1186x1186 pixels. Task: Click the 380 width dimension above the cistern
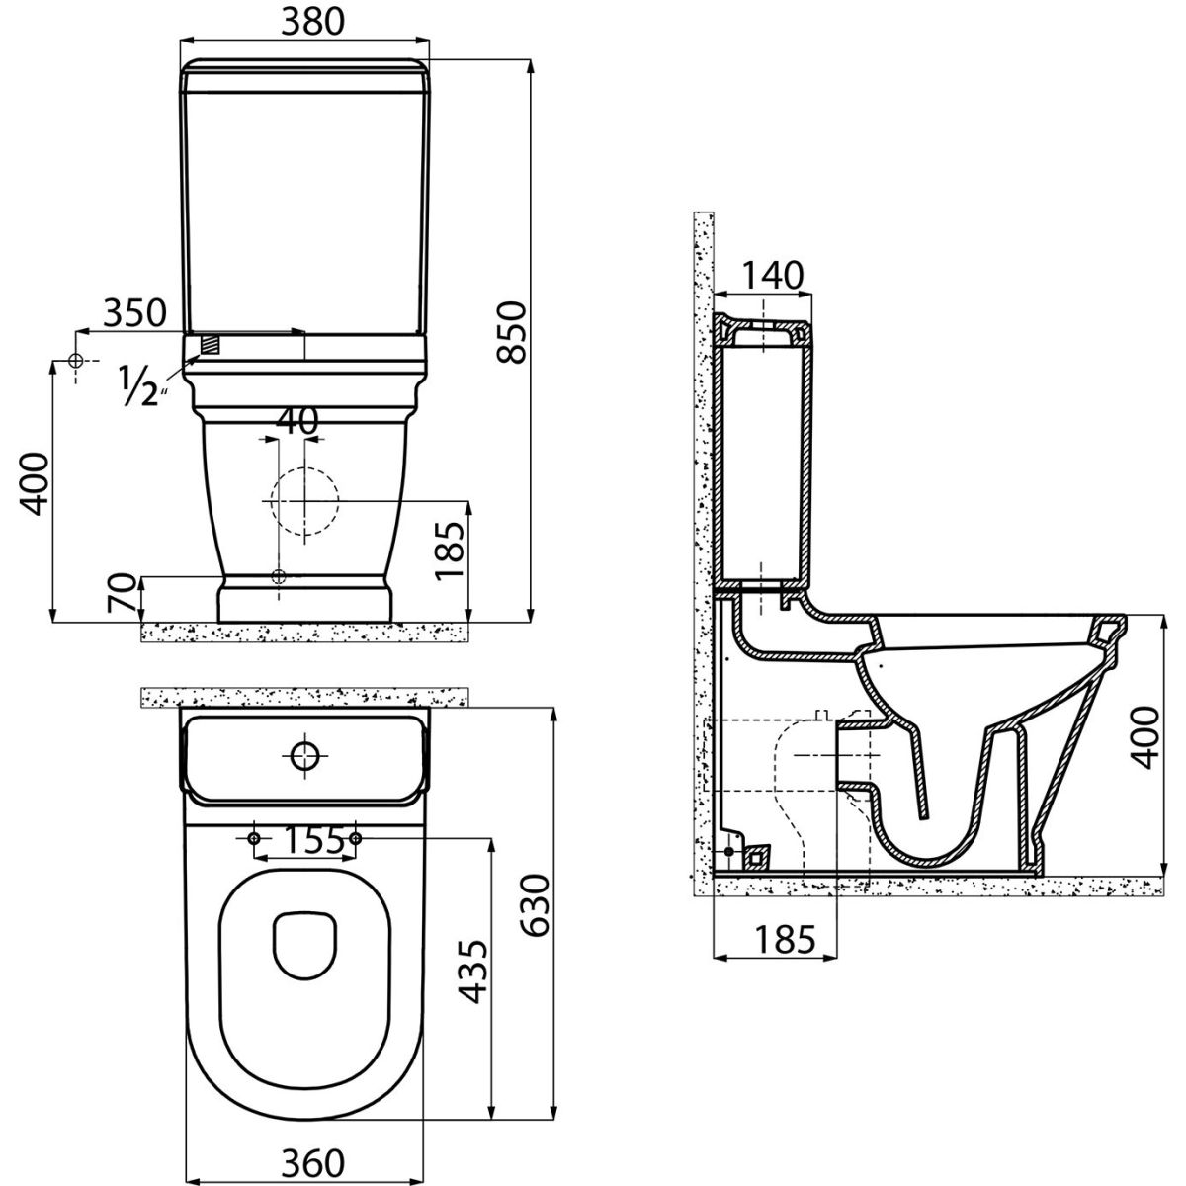click(312, 22)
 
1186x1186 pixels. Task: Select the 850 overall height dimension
click(512, 332)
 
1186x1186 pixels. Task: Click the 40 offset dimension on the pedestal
click(296, 421)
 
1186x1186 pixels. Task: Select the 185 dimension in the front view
click(450, 551)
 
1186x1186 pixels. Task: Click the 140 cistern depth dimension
click(772, 275)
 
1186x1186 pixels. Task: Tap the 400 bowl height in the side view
click(1145, 737)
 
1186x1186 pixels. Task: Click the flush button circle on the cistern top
click(304, 755)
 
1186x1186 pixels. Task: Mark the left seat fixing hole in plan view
click(254, 838)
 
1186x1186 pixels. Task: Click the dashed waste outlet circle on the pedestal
click(304, 500)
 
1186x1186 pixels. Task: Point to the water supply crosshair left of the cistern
click(76, 361)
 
